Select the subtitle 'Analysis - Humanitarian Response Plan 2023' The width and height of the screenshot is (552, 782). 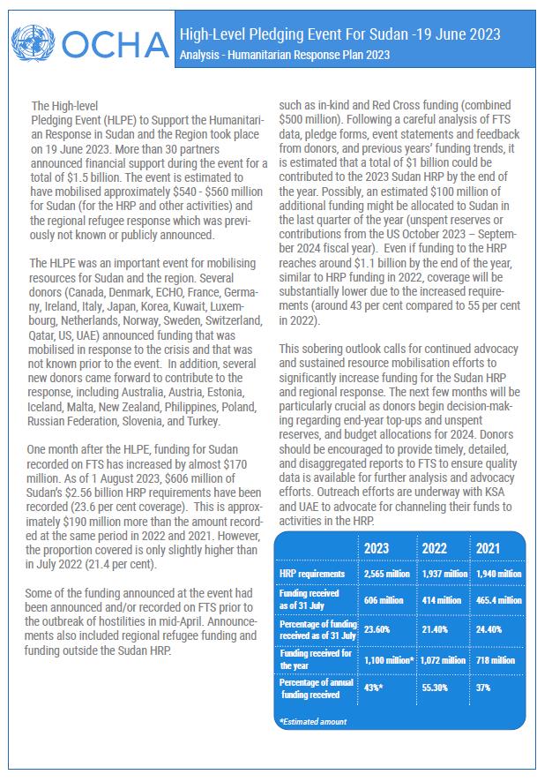[283, 55]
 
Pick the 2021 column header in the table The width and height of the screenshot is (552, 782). [488, 548]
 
